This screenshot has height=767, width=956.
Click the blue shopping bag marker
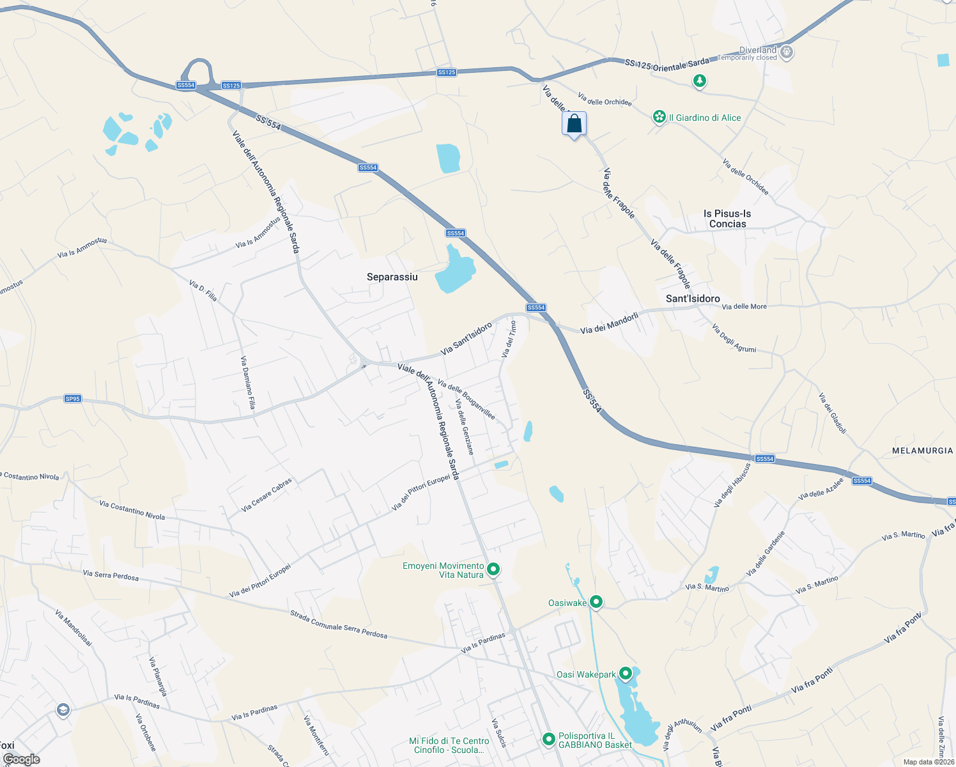pos(574,123)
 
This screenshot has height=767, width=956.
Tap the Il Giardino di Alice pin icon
pos(659,117)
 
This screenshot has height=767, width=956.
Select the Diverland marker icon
pos(787,52)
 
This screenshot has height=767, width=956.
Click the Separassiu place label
pos(392,277)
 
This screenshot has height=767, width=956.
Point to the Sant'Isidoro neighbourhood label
pos(693,298)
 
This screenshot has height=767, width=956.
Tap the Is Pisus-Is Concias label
pos(727,219)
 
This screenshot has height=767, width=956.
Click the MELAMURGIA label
pos(922,451)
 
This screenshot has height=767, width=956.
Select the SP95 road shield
pos(73,399)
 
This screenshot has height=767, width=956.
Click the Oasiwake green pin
pos(596,601)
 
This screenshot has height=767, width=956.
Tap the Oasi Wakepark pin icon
pos(626,673)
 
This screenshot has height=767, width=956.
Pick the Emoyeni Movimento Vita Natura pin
pos(493,568)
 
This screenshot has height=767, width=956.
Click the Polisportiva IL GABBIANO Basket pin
pos(548,739)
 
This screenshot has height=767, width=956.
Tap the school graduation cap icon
pos(63,710)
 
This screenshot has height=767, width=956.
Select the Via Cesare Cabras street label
pos(266,495)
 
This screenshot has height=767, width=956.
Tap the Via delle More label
pos(744,306)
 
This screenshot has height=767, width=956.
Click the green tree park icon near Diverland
pos(700,81)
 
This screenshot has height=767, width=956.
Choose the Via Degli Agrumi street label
pos(734,339)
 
